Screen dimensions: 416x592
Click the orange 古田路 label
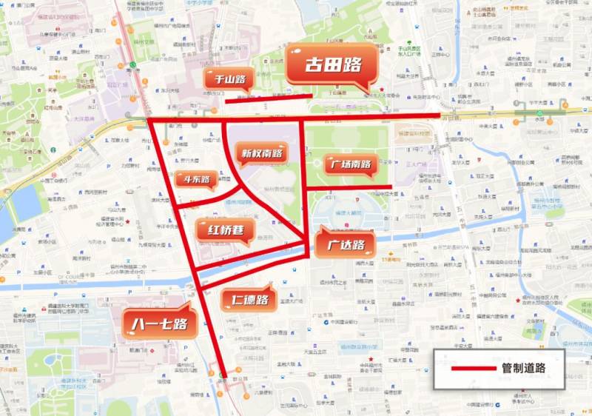tap(333, 65)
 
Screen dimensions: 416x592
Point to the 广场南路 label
tap(351, 164)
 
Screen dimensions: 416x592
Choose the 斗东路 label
tap(195, 179)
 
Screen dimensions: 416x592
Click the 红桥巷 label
tap(220, 230)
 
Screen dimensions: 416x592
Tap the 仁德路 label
tap(249, 300)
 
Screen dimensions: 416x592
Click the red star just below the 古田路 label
tap(371, 90)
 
